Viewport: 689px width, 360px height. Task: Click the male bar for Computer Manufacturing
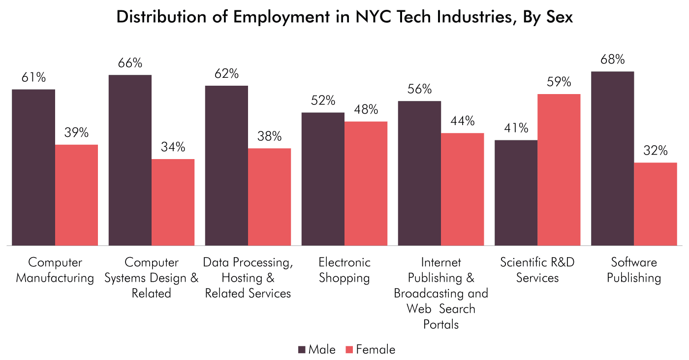(33, 167)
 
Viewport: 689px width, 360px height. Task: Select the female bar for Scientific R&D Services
(559, 169)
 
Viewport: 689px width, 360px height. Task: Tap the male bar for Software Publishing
(612, 158)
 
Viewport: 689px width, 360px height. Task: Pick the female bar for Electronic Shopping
(366, 183)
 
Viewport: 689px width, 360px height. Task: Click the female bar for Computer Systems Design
(173, 202)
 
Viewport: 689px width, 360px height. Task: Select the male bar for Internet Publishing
(419, 173)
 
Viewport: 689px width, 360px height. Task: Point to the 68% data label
(613, 60)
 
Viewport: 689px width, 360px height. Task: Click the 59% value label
(559, 82)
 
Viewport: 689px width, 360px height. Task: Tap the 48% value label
(366, 109)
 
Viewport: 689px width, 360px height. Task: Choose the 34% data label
(173, 147)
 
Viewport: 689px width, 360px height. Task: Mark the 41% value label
(516, 128)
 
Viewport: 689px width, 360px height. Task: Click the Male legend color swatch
(302, 350)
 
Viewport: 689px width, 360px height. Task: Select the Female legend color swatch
(349, 350)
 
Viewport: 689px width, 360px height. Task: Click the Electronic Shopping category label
(344, 270)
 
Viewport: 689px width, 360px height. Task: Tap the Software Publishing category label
(634, 270)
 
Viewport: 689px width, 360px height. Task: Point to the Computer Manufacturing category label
(55, 270)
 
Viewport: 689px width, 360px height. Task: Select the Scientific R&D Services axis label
(537, 270)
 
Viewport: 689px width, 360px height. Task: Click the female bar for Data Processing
(269, 196)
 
